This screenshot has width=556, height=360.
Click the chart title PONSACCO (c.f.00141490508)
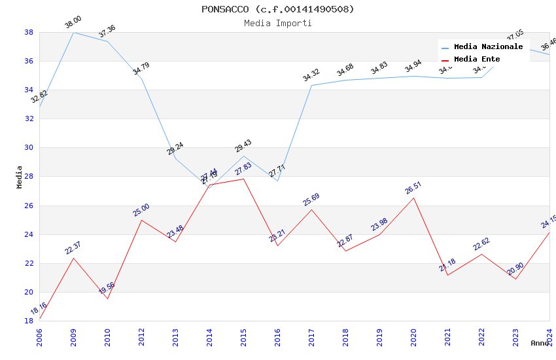pos(278,9)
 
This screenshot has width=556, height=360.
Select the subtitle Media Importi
pos(278,23)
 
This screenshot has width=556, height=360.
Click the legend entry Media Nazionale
pos(488,47)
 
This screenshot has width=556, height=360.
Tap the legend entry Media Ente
pos(477,59)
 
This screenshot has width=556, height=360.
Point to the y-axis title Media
pos(20,177)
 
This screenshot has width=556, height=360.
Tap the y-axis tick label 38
pos(29,32)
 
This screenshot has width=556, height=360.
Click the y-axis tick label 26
pos(29,206)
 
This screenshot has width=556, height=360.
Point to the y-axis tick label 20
pos(29,292)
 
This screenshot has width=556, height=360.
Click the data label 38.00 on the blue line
pos(73,23)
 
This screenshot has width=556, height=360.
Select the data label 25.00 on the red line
pos(141,210)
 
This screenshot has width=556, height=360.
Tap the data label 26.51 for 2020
pos(413,189)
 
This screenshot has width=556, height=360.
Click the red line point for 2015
pos(243,179)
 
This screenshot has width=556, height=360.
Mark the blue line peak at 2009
pos(73,32)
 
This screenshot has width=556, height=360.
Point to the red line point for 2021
pos(447,275)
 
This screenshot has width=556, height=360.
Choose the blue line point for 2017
pos(311,85)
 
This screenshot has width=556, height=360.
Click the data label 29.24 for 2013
pos(175,149)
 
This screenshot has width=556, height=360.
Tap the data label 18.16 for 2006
pos(39,309)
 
